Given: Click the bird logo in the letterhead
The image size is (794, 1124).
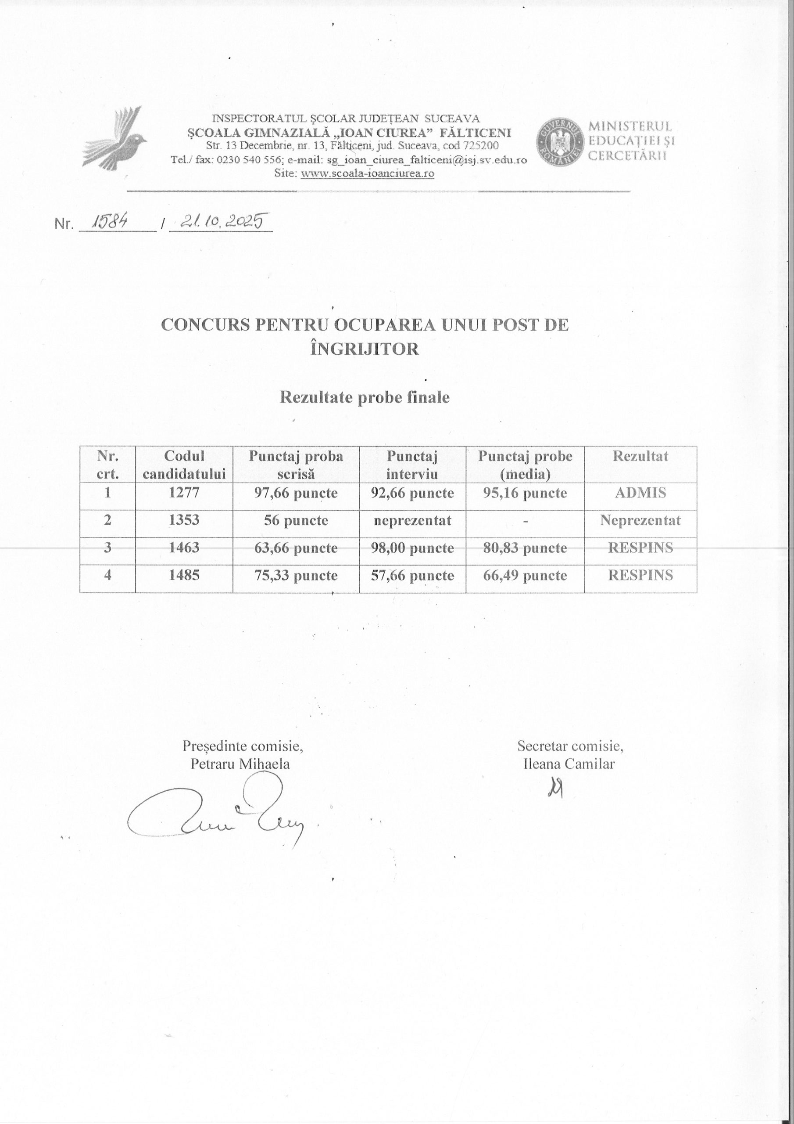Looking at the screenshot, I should click(114, 139).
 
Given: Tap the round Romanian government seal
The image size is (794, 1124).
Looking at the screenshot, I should click(560, 141).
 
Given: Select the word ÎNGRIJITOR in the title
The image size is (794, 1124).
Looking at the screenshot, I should click(365, 349).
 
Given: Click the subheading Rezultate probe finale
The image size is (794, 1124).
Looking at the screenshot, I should click(365, 397).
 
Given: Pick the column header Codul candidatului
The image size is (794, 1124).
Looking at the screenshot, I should click(184, 465).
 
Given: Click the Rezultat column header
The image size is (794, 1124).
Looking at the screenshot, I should click(640, 456).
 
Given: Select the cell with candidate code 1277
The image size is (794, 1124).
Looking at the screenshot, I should click(184, 493).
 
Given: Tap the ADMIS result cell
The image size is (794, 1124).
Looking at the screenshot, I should click(640, 493).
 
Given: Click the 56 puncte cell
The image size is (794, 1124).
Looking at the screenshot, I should click(296, 520).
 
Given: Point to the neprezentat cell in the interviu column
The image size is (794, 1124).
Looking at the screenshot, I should click(412, 520).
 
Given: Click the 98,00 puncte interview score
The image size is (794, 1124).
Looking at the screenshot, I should click(412, 548).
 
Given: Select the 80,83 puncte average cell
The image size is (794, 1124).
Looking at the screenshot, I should click(525, 548).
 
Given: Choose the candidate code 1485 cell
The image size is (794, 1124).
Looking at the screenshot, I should click(184, 575).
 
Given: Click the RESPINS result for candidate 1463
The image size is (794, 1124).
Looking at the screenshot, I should click(640, 548).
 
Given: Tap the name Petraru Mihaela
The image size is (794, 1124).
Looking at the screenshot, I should click(240, 764).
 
